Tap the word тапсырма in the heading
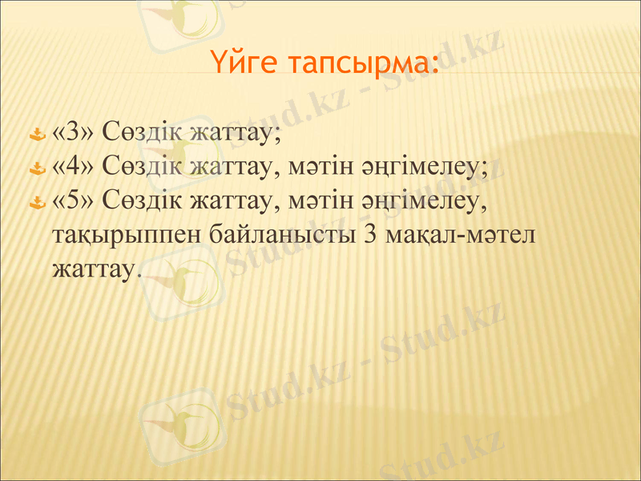pyautogui.click(x=361, y=62)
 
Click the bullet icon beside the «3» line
pyautogui.click(x=36, y=133)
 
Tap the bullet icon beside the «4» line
pyautogui.click(x=36, y=168)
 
